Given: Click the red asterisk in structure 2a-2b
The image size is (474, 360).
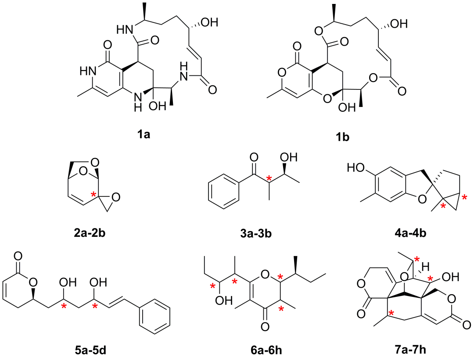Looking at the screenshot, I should point(93,194).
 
